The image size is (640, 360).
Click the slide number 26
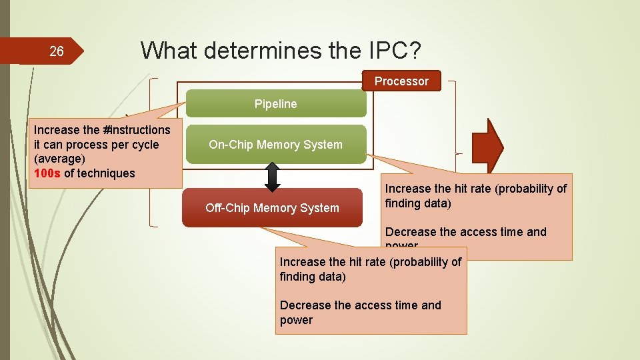point(57,51)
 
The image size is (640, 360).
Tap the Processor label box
point(401,81)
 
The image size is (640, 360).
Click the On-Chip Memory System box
point(275,145)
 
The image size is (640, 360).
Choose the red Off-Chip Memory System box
point(272,208)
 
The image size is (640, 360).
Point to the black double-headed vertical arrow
point(273,176)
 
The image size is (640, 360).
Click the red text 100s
point(47,173)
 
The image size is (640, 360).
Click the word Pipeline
point(275,104)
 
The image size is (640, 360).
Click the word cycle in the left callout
point(145,144)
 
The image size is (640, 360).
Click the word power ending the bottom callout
point(296,320)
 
